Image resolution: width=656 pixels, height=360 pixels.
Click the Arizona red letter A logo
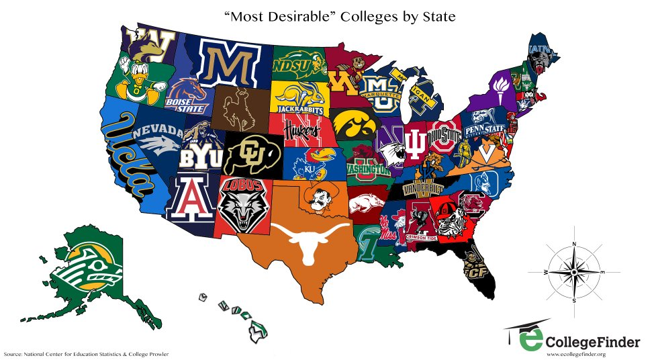191,198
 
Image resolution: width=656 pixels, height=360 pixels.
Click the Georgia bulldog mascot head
444,218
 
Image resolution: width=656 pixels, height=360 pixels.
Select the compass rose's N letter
573,244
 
